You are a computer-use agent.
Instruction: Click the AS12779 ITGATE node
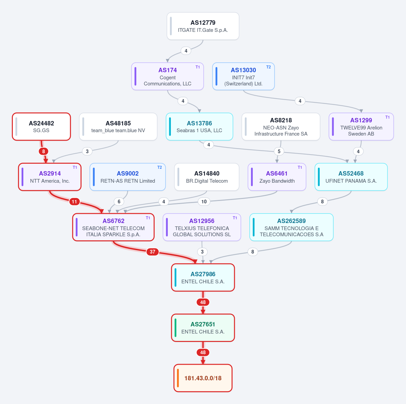pos(203,26)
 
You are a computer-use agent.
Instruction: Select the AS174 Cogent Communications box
pos(167,76)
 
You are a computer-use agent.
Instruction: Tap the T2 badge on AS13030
pos(268,67)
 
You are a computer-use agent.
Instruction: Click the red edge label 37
pos(153,251)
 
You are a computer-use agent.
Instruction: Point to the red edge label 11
pos(74,202)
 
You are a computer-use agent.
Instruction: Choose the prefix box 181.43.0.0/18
pos(203,378)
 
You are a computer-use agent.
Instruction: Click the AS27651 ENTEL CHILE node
pos(203,328)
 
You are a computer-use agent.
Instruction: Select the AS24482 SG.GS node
pos(41,127)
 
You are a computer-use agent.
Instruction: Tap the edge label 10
pos(204,202)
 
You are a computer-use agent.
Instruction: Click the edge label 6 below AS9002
pos(119,202)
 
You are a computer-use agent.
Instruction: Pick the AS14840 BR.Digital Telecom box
pos(207,177)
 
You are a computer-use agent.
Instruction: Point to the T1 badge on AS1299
pos(387,117)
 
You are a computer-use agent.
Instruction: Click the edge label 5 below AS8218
pos(279,151)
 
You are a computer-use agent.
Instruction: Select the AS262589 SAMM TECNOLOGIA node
pos(291,227)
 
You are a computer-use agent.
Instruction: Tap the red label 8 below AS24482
pos(43,151)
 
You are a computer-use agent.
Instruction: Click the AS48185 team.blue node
pos(118,127)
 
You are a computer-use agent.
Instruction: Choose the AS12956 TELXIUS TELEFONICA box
pos(202,227)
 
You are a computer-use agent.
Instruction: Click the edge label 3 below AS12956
pos(202,251)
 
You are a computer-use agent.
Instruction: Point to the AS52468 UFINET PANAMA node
pos(351,177)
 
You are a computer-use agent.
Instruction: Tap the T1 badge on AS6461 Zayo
pos(300,167)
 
